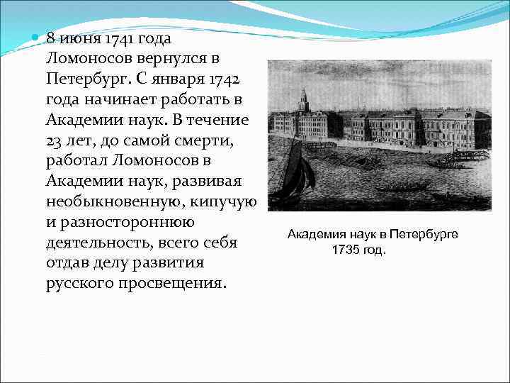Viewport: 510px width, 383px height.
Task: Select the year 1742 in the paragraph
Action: pos(228,77)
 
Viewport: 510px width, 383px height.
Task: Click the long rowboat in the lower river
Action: pos(403,189)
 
